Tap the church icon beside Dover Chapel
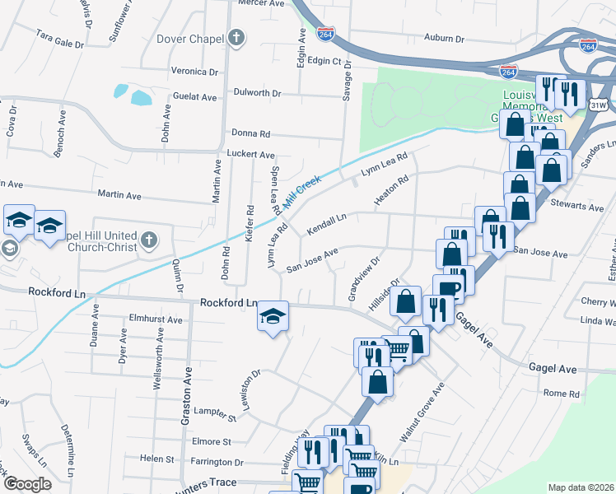point(236,37)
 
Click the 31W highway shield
point(599,106)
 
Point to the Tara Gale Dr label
point(60,37)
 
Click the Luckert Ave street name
point(250,154)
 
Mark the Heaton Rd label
point(391,192)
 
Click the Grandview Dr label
point(363,280)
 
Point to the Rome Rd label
point(562,394)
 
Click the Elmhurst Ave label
point(156,319)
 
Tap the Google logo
point(27,484)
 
